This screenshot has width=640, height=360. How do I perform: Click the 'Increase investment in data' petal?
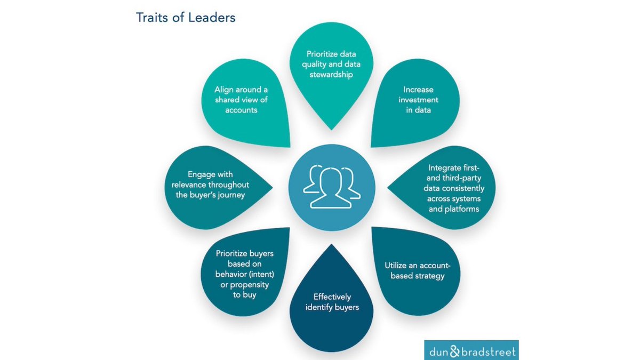pos(418,101)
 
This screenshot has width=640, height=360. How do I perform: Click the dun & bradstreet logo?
pos(471,350)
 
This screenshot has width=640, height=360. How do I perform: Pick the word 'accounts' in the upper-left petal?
pos(241,110)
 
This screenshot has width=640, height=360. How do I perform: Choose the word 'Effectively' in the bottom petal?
pos(332,297)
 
